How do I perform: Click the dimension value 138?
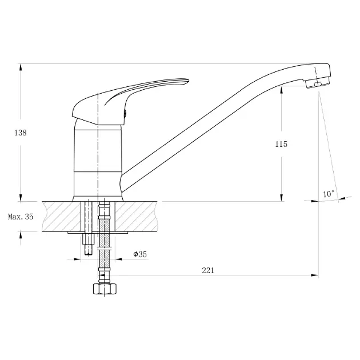tap(21, 133)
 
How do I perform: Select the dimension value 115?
tap(281, 144)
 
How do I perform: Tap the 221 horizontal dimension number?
tap(208, 270)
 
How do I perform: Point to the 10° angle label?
tap(329, 194)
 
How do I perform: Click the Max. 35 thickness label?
tap(21, 217)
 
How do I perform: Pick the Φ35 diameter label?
tap(140, 254)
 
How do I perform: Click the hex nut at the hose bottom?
tap(105, 289)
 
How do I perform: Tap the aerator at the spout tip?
tap(318, 83)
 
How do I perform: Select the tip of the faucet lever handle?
tap(188, 80)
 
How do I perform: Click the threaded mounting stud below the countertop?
tap(89, 244)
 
